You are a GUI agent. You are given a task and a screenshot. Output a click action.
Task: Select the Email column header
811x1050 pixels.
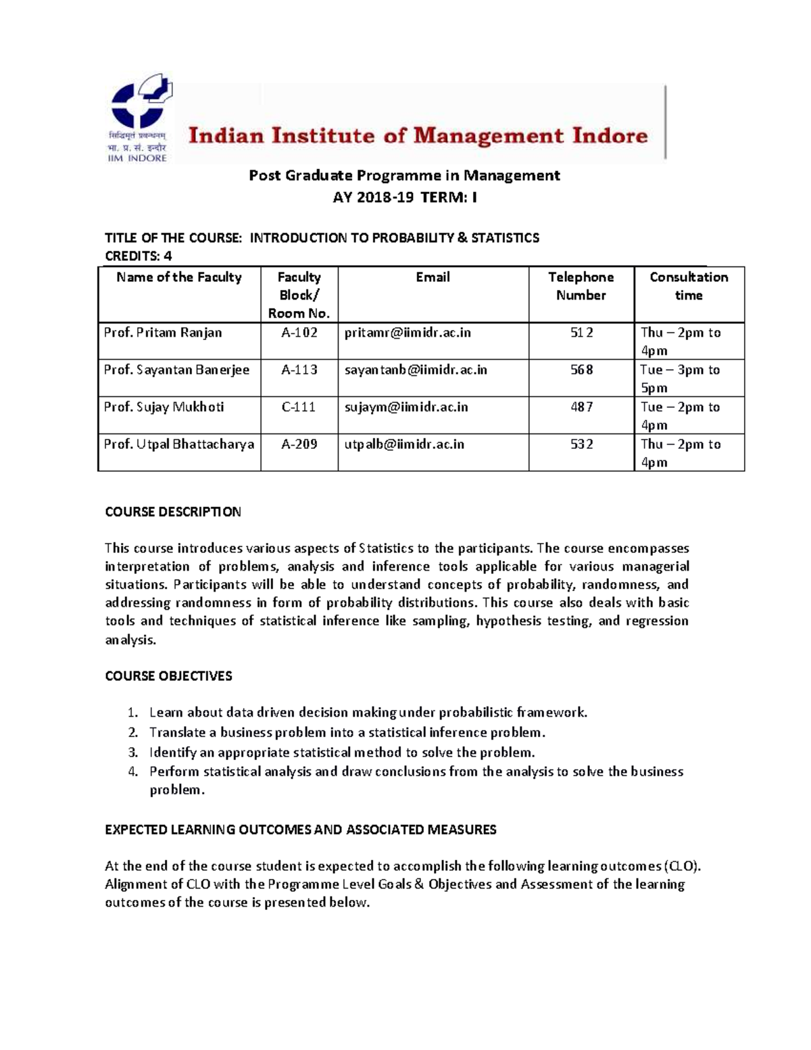click(433, 277)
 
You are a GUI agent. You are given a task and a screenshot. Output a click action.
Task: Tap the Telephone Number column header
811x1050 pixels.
click(581, 286)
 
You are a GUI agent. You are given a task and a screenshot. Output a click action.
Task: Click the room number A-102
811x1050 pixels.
click(299, 333)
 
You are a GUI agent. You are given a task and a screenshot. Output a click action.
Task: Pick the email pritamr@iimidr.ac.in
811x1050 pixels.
click(408, 333)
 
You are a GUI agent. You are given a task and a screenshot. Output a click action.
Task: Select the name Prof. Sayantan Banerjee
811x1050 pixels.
click(176, 370)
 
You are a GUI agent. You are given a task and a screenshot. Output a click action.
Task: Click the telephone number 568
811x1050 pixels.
click(581, 370)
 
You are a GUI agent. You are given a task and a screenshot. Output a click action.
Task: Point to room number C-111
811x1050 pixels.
click(299, 407)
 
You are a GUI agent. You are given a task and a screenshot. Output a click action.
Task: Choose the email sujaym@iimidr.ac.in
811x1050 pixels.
click(405, 407)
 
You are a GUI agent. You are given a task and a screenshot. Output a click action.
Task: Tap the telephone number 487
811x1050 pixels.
click(581, 407)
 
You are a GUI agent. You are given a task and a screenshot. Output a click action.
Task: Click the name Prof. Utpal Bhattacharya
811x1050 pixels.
click(179, 444)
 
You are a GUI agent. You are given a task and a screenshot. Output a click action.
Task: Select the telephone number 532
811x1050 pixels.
click(581, 444)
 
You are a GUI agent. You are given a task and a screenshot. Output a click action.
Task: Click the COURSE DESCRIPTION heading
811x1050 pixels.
click(173, 512)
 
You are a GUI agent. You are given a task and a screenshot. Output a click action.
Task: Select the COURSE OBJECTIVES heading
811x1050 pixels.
click(168, 676)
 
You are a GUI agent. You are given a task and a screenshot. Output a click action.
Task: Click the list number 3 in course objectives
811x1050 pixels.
click(133, 753)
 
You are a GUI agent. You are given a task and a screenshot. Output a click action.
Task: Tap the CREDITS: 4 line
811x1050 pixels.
click(139, 256)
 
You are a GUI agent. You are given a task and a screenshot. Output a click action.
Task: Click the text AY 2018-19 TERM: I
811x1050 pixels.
click(403, 197)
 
